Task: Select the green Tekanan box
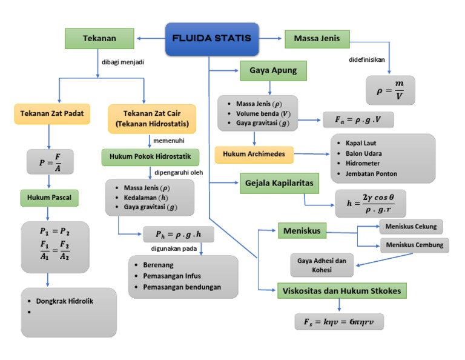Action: (x=99, y=39)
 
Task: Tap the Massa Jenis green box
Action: (x=317, y=39)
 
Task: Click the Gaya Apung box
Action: (x=273, y=70)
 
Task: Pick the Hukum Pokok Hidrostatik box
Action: (x=150, y=157)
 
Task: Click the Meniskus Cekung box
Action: (x=411, y=227)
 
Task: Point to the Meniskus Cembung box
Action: (x=415, y=245)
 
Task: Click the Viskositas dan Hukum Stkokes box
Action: (x=342, y=290)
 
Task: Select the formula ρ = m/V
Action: (x=390, y=88)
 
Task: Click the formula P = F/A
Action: (x=50, y=162)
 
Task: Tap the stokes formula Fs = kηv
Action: (x=339, y=322)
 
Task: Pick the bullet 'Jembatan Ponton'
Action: (x=371, y=173)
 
